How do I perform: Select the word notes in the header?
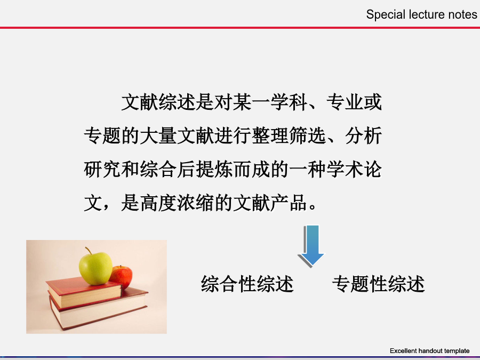pos(462,15)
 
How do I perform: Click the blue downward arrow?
pos(311,245)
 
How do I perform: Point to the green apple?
pos(95,268)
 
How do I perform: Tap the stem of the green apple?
pos(89,251)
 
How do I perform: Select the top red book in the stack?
pos(84,292)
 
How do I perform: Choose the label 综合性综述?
pos(247,284)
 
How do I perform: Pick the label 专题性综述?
pos(378,284)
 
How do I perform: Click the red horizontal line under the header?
pos(240,28)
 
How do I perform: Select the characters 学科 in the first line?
pos(289,102)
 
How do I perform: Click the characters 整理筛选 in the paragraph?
pos(289,135)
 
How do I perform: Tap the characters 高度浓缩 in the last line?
pos(177,203)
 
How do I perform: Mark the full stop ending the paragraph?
pos(313,206)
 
